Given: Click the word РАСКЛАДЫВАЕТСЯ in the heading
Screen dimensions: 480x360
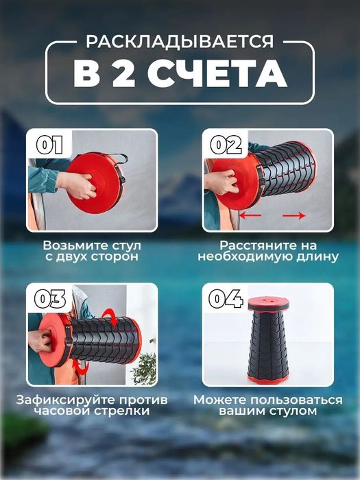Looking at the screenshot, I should tap(180, 42).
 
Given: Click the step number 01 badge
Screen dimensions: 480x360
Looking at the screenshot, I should tap(49, 145).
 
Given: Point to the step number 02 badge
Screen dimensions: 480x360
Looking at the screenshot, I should tap(225, 145).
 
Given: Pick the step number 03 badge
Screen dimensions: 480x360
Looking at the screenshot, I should tap(49, 299).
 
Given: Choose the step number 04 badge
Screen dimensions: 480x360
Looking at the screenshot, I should tap(225, 299).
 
